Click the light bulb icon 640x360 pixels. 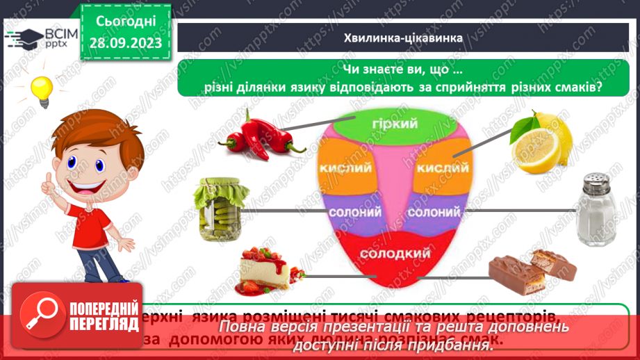(x=41, y=89)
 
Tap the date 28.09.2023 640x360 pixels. (x=126, y=43)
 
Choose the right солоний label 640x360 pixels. (x=434, y=210)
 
